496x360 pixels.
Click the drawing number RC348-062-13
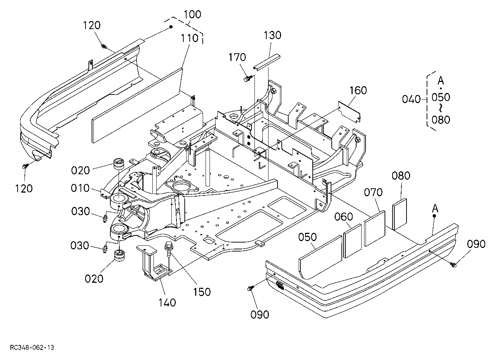32,347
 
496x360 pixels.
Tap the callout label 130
272,35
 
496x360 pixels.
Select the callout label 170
237,57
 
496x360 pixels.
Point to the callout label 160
358,90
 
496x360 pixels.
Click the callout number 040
411,99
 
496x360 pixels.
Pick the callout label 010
80,188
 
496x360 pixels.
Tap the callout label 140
167,303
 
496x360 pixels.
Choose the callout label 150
202,292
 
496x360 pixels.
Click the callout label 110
190,38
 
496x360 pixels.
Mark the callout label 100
192,14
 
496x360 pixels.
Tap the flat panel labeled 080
400,214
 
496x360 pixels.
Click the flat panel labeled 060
352,241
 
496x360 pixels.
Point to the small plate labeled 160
349,112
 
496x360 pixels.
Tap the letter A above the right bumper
435,208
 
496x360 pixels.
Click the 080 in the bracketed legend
441,120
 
